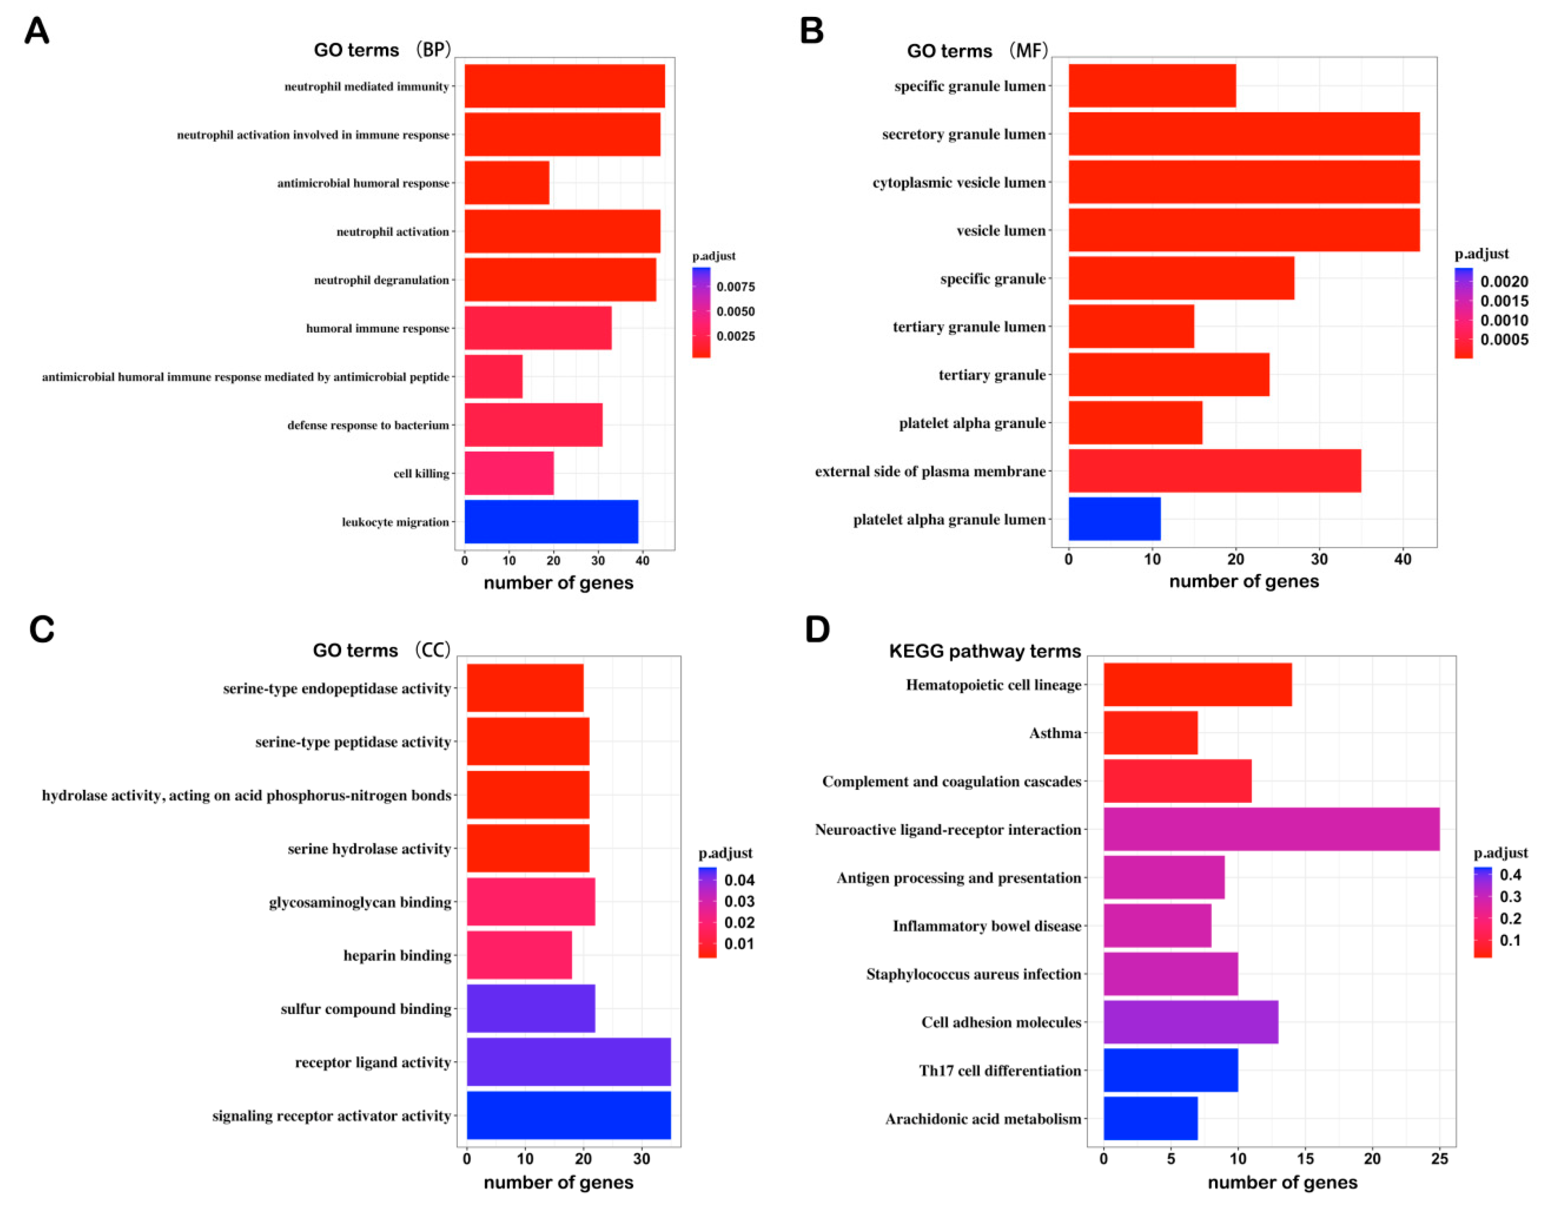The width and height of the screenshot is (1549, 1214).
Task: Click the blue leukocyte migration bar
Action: [551, 522]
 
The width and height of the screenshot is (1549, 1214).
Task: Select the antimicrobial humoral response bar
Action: [507, 183]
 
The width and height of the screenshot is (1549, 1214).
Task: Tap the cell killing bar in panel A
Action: [509, 473]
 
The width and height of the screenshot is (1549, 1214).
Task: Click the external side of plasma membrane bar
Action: [1214, 470]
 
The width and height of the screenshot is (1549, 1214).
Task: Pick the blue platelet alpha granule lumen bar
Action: [1114, 519]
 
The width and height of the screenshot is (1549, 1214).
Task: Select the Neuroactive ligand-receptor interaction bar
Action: [1271, 829]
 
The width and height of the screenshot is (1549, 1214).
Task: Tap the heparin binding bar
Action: [519, 955]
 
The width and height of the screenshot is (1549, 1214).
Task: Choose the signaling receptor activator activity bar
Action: [569, 1115]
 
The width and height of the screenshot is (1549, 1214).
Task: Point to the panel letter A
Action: [37, 31]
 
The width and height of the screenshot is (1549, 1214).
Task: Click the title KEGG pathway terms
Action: [985, 651]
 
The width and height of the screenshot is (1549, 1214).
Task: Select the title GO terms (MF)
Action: [977, 51]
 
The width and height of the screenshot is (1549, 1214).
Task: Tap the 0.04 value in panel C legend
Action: [739, 880]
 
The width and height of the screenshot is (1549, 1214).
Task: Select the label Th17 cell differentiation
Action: [1000, 1070]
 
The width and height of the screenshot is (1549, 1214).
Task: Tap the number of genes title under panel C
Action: [558, 1182]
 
